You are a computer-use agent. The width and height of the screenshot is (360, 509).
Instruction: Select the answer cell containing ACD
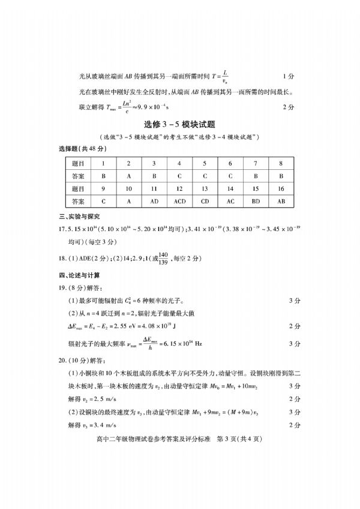pyautogui.click(x=179, y=201)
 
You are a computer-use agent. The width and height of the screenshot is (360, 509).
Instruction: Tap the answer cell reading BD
pyautogui.click(x=256, y=201)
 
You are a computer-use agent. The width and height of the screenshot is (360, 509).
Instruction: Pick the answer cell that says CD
pyautogui.click(x=205, y=201)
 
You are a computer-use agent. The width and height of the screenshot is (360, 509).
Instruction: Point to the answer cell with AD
pyautogui.click(x=154, y=201)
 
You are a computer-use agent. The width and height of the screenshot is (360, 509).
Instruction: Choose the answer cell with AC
pyautogui.click(x=230, y=201)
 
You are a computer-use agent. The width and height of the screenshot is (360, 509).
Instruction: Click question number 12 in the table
pyautogui.click(x=179, y=188)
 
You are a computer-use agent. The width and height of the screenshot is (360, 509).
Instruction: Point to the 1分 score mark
pyautogui.click(x=287, y=77)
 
